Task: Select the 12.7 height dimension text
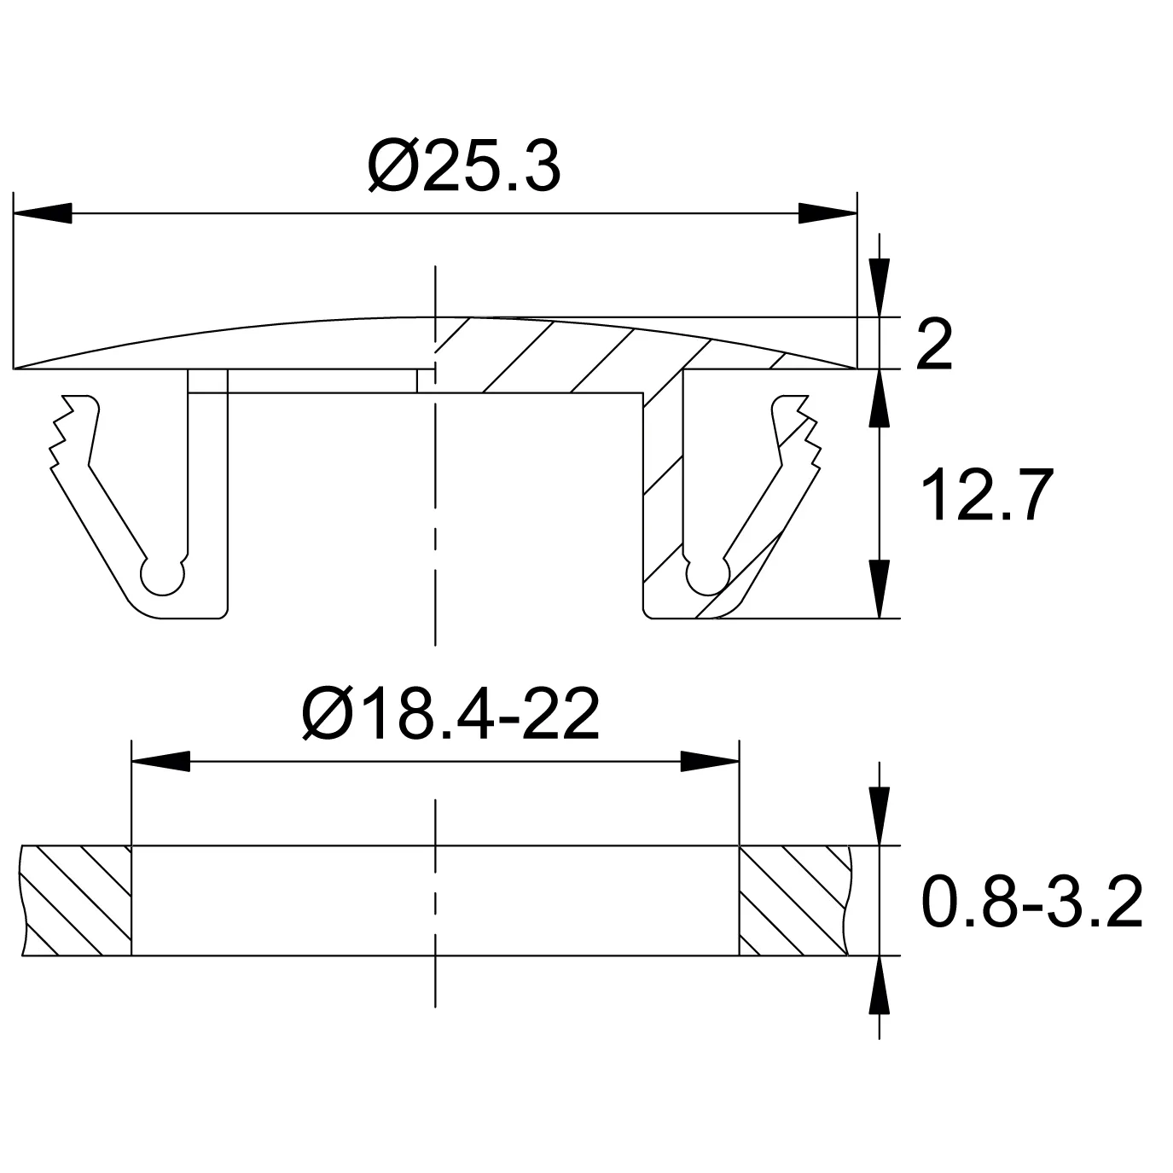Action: pos(987,496)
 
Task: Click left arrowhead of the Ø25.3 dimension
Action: pos(43,213)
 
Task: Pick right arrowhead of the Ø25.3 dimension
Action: pos(827,213)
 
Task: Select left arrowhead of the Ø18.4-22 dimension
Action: pos(160,761)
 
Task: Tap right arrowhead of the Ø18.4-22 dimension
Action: pos(710,761)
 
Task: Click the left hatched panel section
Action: pos(77,900)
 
